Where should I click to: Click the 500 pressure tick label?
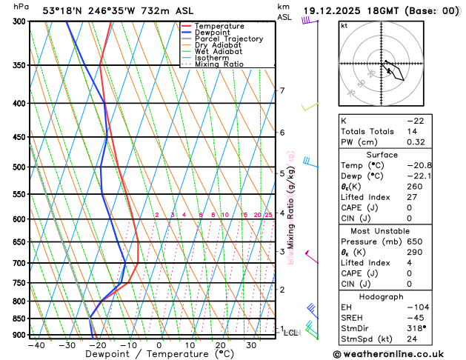coord(17,167)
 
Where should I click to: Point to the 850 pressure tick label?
coord(17,319)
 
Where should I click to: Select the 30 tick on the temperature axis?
coord(252,345)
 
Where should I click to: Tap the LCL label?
coord(290,333)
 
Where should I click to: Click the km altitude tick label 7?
coord(282,91)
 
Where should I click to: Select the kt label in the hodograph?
coord(344,25)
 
